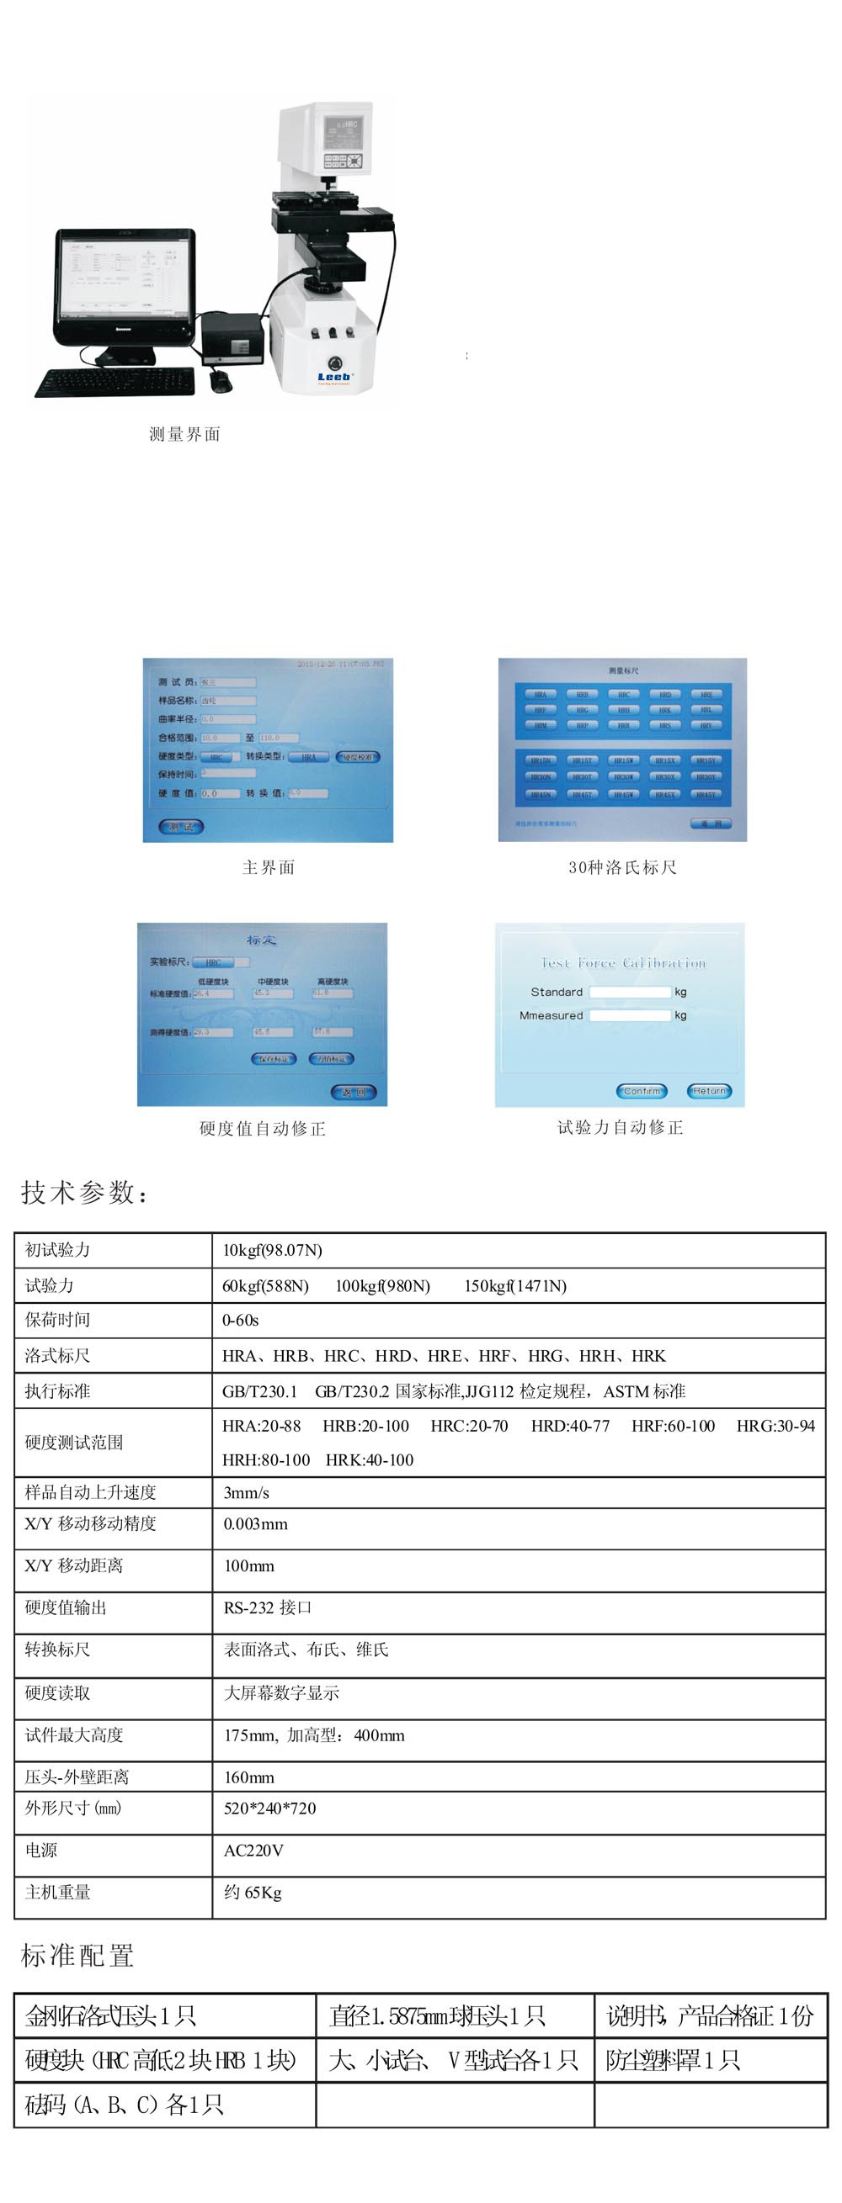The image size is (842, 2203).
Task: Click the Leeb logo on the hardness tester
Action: click(334, 376)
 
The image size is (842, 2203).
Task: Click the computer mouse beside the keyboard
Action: click(221, 380)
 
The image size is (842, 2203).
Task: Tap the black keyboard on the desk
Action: click(115, 381)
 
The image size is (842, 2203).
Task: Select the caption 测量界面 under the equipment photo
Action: click(185, 434)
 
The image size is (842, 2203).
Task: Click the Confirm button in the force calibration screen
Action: click(642, 1091)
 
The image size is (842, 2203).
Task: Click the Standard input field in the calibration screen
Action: click(630, 992)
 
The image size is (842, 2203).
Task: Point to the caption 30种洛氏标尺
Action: click(622, 867)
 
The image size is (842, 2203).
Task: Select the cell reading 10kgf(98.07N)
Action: click(272, 1250)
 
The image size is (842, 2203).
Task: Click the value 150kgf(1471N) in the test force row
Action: click(515, 1286)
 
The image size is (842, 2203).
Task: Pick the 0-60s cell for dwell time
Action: click(241, 1321)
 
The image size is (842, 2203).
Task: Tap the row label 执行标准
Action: click(57, 1391)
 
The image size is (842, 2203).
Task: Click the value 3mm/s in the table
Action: click(247, 1493)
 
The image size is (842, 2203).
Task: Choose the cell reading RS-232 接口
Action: click(268, 1607)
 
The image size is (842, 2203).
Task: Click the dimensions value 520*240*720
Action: click(269, 1808)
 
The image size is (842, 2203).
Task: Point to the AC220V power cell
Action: click(253, 1851)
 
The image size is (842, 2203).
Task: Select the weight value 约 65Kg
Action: click(253, 1893)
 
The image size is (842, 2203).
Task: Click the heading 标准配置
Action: click(77, 1956)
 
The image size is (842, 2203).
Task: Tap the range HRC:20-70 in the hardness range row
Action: click(469, 1427)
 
